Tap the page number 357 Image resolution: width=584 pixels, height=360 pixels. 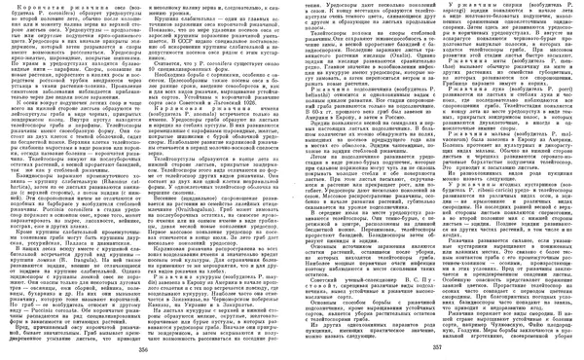pos(436,347)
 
